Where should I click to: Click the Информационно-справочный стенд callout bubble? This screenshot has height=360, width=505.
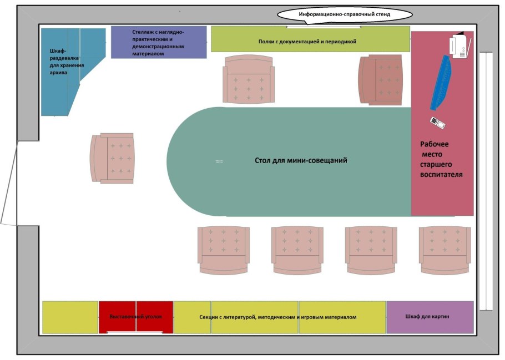click(345, 14)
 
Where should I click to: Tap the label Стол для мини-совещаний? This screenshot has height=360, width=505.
click(301, 161)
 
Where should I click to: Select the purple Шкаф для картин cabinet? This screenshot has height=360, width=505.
click(430, 317)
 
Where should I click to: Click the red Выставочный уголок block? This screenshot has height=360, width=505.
click(136, 317)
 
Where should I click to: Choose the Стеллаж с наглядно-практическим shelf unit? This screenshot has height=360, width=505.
click(159, 42)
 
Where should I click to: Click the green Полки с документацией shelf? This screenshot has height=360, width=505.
click(310, 39)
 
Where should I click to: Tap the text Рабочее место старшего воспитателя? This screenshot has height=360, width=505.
click(441, 159)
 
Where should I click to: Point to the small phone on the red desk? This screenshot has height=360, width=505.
click(437, 122)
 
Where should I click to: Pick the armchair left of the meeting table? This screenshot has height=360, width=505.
click(112, 158)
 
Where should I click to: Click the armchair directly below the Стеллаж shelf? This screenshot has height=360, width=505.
click(248, 79)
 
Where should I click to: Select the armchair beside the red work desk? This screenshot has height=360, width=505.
click(382, 79)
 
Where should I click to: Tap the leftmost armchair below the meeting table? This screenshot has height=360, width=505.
click(223, 250)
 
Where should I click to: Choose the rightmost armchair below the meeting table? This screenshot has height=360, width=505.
click(445, 250)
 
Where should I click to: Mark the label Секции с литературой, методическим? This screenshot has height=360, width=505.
click(277, 317)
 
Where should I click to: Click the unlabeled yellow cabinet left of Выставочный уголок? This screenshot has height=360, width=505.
click(70, 317)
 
